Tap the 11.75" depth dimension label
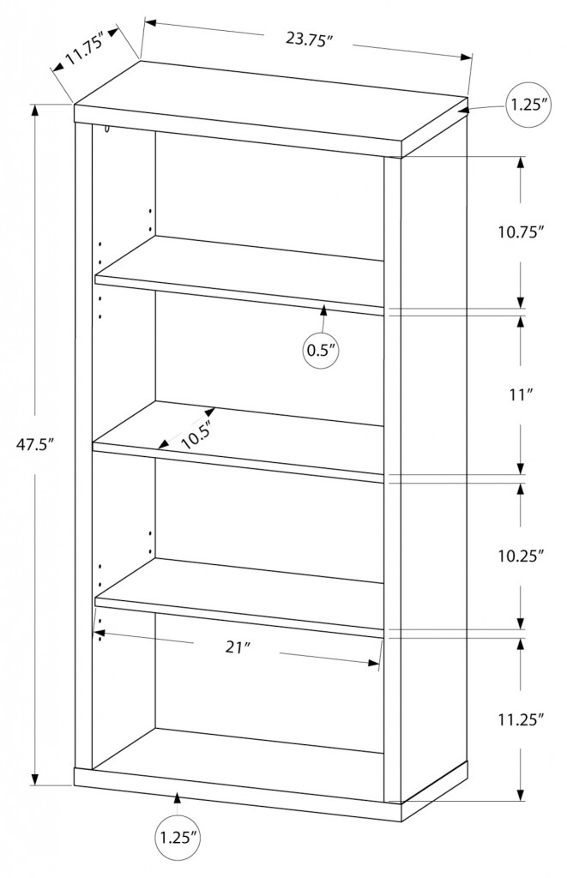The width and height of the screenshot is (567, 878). click(84, 51)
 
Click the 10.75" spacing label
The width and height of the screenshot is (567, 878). click(522, 232)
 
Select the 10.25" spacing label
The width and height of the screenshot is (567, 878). click(522, 556)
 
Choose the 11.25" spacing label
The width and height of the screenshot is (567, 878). click(522, 720)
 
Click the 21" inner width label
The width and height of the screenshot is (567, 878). click(237, 647)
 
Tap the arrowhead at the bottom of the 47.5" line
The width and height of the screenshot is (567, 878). click(35, 779)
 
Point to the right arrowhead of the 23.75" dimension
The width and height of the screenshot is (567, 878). click(467, 57)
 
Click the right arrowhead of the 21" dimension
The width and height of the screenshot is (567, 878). click(374, 664)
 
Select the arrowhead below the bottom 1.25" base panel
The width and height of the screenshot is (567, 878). click(178, 797)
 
